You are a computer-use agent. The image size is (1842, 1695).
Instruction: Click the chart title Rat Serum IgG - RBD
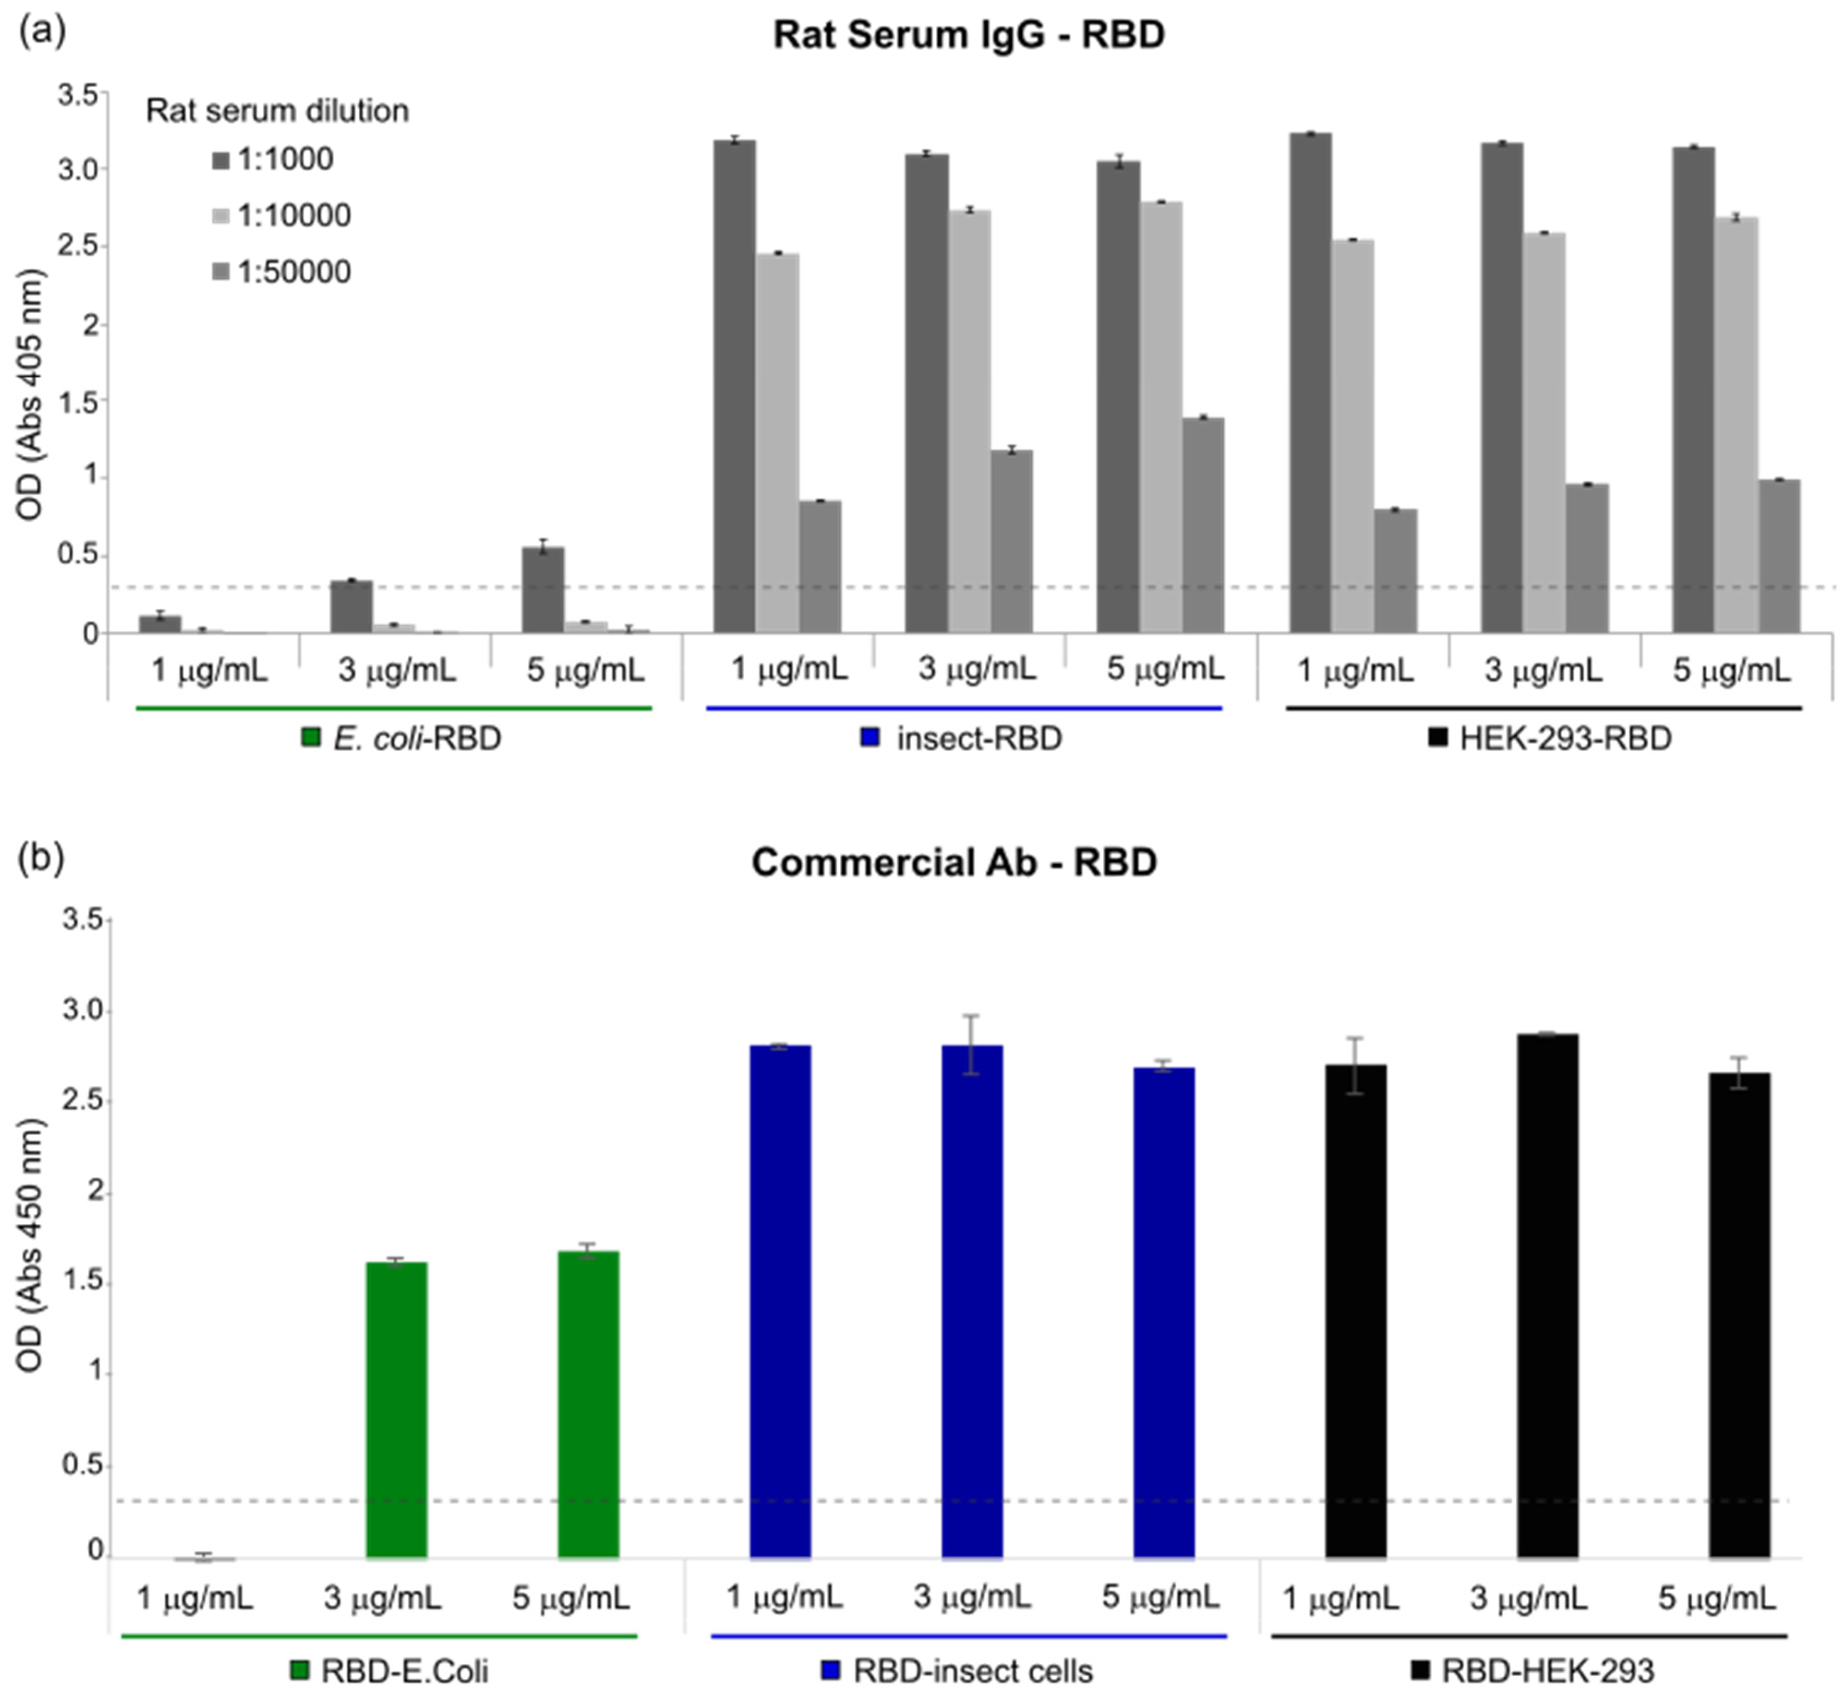click(969, 35)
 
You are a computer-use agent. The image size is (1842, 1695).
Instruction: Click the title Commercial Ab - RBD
click(954, 862)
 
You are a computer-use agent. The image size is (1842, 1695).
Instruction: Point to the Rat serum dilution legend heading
click(277, 111)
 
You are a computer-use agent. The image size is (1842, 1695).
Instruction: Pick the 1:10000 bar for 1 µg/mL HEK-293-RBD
click(1353, 436)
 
